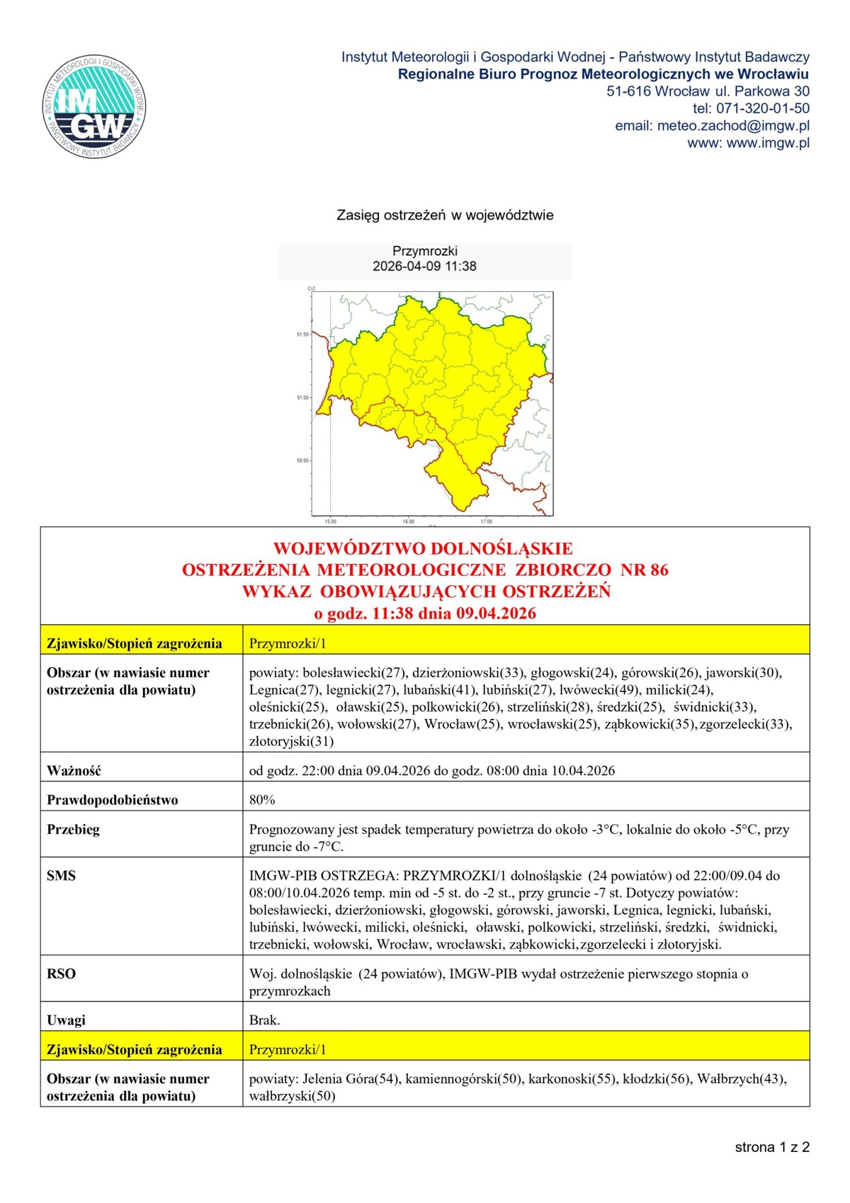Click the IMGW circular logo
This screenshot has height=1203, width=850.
click(95, 107)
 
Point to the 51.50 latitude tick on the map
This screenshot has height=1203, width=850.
click(302, 334)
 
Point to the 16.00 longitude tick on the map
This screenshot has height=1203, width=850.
click(409, 521)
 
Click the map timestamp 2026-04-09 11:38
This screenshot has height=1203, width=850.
click(424, 266)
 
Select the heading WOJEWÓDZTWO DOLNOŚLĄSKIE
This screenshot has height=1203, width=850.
click(423, 548)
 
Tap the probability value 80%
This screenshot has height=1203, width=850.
click(262, 800)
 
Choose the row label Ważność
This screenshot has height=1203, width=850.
click(74, 770)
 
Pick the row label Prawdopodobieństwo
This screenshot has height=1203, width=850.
click(112, 800)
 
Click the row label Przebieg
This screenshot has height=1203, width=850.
click(73, 829)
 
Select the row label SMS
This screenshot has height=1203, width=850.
click(61, 876)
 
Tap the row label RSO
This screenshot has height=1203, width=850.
click(61, 973)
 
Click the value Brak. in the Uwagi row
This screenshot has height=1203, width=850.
click(265, 1020)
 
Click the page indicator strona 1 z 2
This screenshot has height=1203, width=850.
click(771, 1147)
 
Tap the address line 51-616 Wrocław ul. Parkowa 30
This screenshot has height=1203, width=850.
click(708, 91)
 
